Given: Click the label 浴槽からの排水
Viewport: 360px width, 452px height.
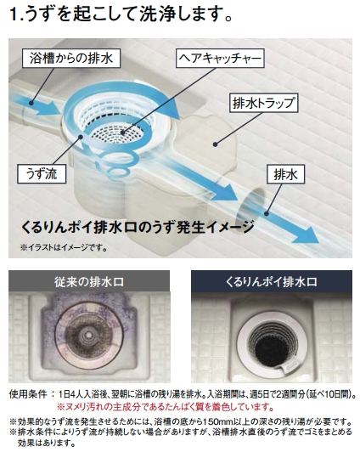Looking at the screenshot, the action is point(71,59).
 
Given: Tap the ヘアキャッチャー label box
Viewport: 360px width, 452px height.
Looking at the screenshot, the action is point(220,59).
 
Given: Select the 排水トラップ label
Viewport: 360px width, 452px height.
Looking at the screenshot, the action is point(263,103).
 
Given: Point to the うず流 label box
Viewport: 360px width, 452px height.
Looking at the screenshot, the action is point(42,174).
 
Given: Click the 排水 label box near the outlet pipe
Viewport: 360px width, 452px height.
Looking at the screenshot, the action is point(285,174).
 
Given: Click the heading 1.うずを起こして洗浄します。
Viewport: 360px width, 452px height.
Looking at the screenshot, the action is point(121,14).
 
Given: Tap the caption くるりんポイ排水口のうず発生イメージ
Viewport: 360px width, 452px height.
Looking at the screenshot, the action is point(138,227).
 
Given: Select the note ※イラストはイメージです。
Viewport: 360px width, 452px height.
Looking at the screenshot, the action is point(64,247).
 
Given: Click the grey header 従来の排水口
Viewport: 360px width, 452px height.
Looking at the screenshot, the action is point(89,281).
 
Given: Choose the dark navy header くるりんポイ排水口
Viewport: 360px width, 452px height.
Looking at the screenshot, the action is point(272,281).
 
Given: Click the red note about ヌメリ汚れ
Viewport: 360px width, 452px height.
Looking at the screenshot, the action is point(165,407).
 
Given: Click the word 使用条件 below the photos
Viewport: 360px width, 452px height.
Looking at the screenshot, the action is point(28,393).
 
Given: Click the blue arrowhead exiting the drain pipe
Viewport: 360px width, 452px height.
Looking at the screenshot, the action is point(306,235).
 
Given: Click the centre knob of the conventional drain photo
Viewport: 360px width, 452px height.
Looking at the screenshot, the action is point(87,334).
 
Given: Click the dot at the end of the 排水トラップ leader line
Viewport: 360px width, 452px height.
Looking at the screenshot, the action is point(215,144).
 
